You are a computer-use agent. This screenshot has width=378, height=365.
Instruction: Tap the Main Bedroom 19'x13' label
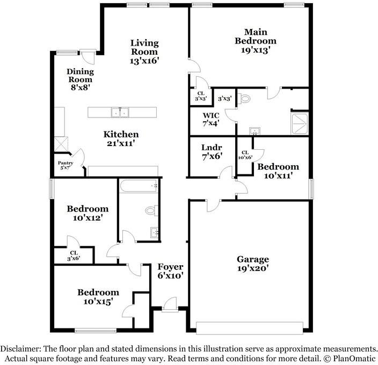pos(252,41)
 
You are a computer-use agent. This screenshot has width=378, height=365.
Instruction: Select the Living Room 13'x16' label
pos(144,52)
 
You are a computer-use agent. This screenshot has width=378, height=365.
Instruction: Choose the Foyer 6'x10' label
pos(171,271)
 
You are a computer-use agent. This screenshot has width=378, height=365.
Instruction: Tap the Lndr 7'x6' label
pos(212,152)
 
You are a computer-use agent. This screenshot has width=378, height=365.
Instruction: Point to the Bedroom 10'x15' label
pos(98,297)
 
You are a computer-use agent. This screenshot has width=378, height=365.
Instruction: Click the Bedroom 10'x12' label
pos(88,213)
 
